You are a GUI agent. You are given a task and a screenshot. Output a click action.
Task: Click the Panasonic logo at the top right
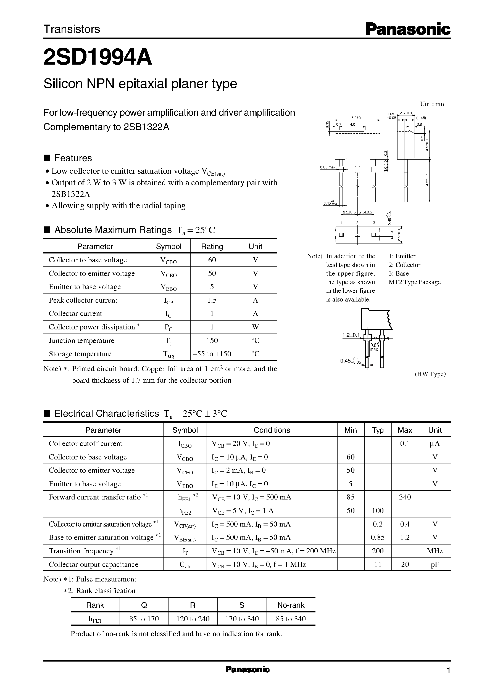pos(407,29)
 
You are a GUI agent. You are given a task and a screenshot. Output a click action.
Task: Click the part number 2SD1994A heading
pos(98,58)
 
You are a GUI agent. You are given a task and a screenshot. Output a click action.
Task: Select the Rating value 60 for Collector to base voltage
pos(212,260)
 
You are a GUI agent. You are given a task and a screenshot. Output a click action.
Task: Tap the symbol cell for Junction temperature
pos(168,341)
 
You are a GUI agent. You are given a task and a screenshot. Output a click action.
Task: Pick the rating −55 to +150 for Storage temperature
pos(212,354)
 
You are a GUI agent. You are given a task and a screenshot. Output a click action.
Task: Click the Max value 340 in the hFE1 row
pos(405,497)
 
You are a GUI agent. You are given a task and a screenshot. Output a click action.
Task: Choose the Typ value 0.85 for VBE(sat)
pos(378,537)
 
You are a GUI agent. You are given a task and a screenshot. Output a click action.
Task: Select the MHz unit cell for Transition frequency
pos(435,551)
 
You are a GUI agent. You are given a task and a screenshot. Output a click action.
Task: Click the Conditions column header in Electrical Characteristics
pos(272,430)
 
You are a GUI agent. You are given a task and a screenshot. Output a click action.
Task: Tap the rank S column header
pos(242,605)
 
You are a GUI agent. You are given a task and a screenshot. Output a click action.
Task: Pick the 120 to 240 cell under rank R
pos(193,619)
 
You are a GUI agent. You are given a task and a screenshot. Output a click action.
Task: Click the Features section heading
pos(73,158)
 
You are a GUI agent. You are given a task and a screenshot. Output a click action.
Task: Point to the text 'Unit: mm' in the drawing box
pos(433,104)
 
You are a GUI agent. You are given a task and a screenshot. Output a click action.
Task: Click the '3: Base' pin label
pos(398,273)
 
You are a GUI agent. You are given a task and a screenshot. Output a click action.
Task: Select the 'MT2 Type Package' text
pos(414,282)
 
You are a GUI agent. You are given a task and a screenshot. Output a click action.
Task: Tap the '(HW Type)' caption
pos(430,374)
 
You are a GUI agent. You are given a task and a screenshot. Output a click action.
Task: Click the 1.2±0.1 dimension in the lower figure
pos(351,335)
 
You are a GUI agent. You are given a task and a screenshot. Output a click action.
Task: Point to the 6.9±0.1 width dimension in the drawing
pos(357,118)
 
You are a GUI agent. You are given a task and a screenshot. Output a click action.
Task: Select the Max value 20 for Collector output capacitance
pos(405,565)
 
